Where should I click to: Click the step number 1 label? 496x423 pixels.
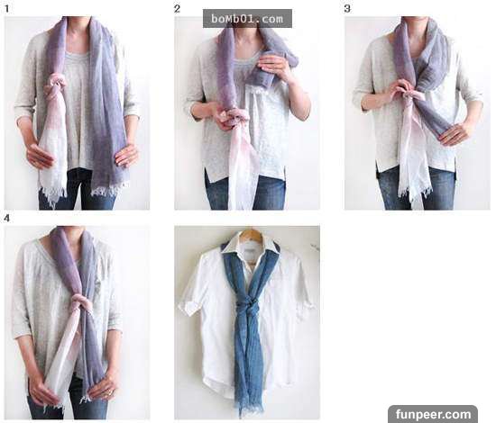click(7, 8)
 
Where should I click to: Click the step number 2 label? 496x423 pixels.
click(177, 8)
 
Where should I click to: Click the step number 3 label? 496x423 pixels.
click(347, 8)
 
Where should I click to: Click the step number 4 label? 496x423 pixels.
click(7, 218)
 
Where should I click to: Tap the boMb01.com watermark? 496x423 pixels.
click(247, 19)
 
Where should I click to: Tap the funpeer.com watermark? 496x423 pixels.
click(433, 413)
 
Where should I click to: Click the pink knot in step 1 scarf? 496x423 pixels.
click(56, 85)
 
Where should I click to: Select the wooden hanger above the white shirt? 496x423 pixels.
click(251, 234)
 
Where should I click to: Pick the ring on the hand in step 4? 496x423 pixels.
click(110, 392)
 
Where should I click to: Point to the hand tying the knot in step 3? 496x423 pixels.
click(400, 92)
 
